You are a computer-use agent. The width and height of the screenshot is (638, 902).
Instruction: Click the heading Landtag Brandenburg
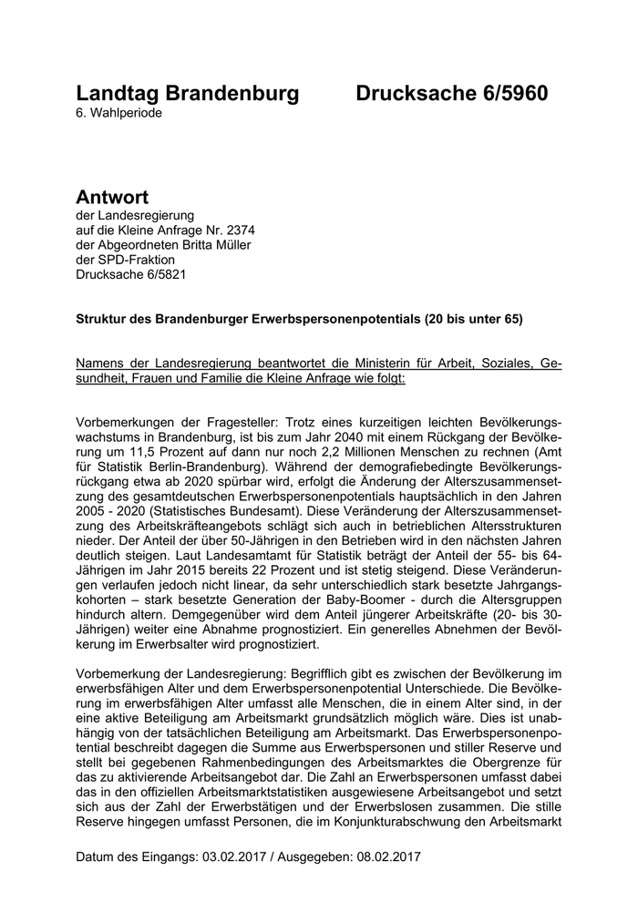187,94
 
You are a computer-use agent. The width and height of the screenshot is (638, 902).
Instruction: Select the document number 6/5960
502,94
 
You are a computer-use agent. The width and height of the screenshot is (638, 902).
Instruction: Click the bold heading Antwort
112,197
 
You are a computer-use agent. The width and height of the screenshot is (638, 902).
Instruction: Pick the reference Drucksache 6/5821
133,275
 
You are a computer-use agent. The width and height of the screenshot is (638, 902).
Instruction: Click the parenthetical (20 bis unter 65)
475,321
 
